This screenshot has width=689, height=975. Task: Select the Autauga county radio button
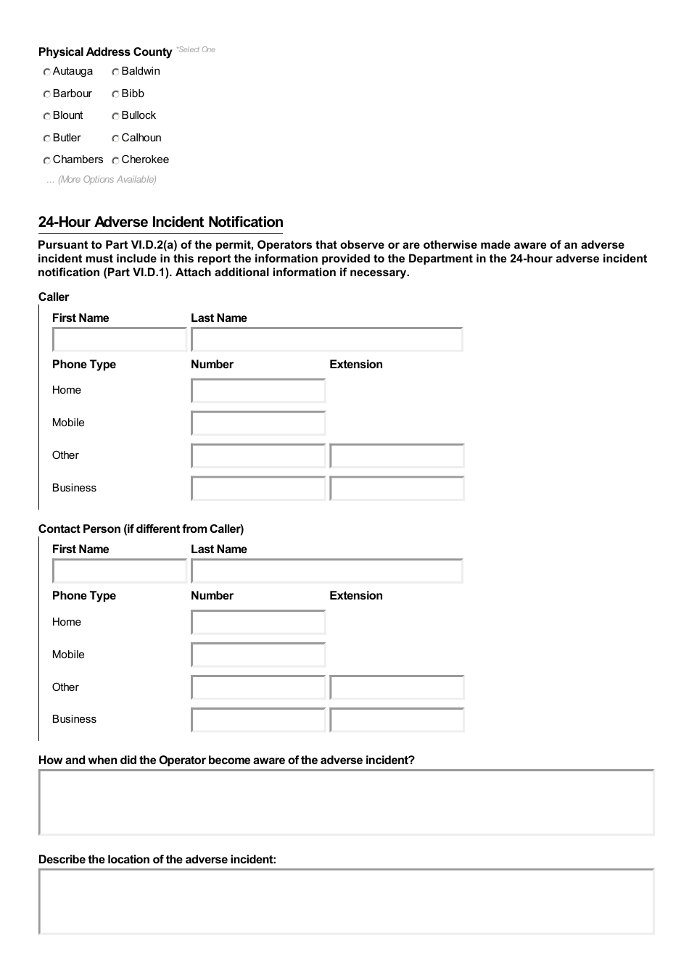pyautogui.click(x=47, y=72)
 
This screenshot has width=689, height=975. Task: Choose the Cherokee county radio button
pyautogui.click(x=116, y=160)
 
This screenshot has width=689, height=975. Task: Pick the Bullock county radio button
pyautogui.click(x=116, y=116)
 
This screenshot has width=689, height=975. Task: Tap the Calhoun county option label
pyautogui.click(x=141, y=138)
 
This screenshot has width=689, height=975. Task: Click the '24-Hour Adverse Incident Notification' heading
pyautogui.click(x=160, y=222)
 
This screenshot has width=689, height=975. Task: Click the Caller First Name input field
pyautogui.click(x=120, y=339)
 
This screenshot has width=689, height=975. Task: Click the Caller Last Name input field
pyautogui.click(x=326, y=339)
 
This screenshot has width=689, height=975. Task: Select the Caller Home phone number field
pyautogui.click(x=258, y=391)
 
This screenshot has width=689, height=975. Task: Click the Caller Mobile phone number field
pyautogui.click(x=258, y=423)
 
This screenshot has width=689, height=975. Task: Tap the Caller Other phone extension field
pyautogui.click(x=397, y=456)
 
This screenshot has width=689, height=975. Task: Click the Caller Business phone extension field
pyautogui.click(x=397, y=489)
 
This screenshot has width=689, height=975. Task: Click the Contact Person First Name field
pyautogui.click(x=120, y=571)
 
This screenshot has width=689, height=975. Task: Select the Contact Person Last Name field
pyautogui.click(x=326, y=571)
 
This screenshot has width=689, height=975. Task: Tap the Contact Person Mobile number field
pyautogui.click(x=258, y=655)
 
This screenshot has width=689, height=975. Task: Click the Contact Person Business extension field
pyautogui.click(x=397, y=720)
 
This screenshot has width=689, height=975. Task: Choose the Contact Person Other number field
pyautogui.click(x=258, y=687)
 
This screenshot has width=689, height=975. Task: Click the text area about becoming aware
pyautogui.click(x=346, y=802)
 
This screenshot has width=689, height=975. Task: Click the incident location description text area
pyautogui.click(x=346, y=902)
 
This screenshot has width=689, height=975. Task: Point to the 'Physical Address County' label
pyautogui.click(x=105, y=52)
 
